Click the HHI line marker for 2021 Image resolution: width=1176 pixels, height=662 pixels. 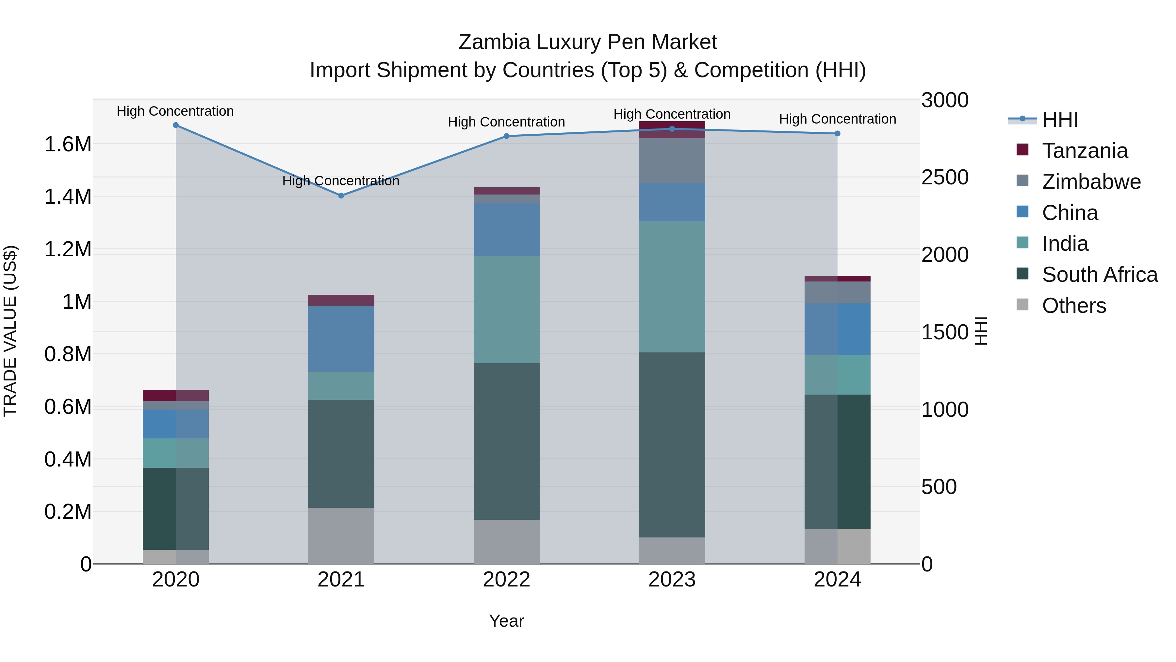[341, 195]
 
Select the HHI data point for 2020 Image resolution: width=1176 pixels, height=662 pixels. [176, 125]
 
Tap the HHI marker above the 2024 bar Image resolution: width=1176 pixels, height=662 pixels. [837, 133]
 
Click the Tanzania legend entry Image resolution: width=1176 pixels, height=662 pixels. [1085, 151]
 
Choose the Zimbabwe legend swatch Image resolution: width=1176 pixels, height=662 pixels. [1022, 181]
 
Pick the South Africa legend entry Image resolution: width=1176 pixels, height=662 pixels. [1099, 275]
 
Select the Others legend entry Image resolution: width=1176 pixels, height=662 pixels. [1074, 306]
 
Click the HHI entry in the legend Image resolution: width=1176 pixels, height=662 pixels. [1060, 120]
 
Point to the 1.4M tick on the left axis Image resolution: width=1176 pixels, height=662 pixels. [68, 197]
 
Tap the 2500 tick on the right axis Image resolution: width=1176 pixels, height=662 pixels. [944, 177]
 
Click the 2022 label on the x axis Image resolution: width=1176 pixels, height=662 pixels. [506, 580]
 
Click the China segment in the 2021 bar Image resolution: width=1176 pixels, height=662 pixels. [341, 339]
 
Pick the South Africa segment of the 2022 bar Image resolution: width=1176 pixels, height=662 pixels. [506, 441]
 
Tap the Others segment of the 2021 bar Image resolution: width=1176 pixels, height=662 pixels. [341, 535]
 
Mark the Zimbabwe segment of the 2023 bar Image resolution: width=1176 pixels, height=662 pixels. [672, 161]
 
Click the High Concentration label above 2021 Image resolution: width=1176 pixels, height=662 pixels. [341, 181]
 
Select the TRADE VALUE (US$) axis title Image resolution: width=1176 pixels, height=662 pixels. [10, 331]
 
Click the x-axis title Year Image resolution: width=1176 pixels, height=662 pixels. [506, 621]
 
